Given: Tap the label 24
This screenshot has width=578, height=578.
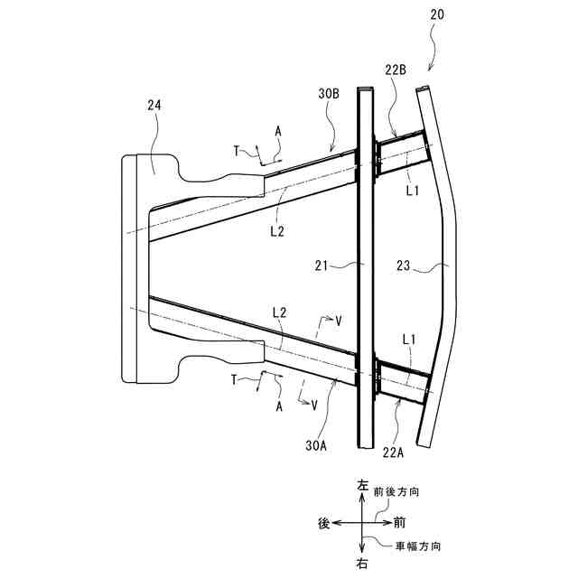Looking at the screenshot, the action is coord(154,106).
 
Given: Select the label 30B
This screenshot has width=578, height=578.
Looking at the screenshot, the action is coord(329,92).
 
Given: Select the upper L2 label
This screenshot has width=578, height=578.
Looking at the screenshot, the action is coord(276,231).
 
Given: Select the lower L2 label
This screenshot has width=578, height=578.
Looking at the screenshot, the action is coord(281,312).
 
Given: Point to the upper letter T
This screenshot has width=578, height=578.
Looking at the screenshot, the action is coord(236,152).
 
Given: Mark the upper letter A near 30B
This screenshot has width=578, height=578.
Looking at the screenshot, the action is coord(278,132).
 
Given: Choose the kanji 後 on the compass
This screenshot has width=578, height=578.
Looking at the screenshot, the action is coord(322,523).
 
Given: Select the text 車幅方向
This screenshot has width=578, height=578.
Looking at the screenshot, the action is coord(419,546).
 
